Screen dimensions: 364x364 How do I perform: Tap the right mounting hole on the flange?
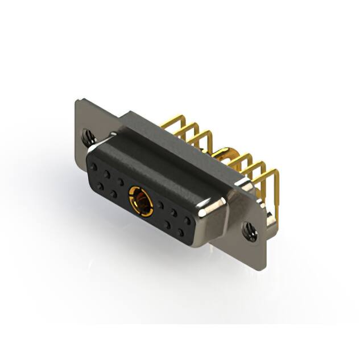249,231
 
